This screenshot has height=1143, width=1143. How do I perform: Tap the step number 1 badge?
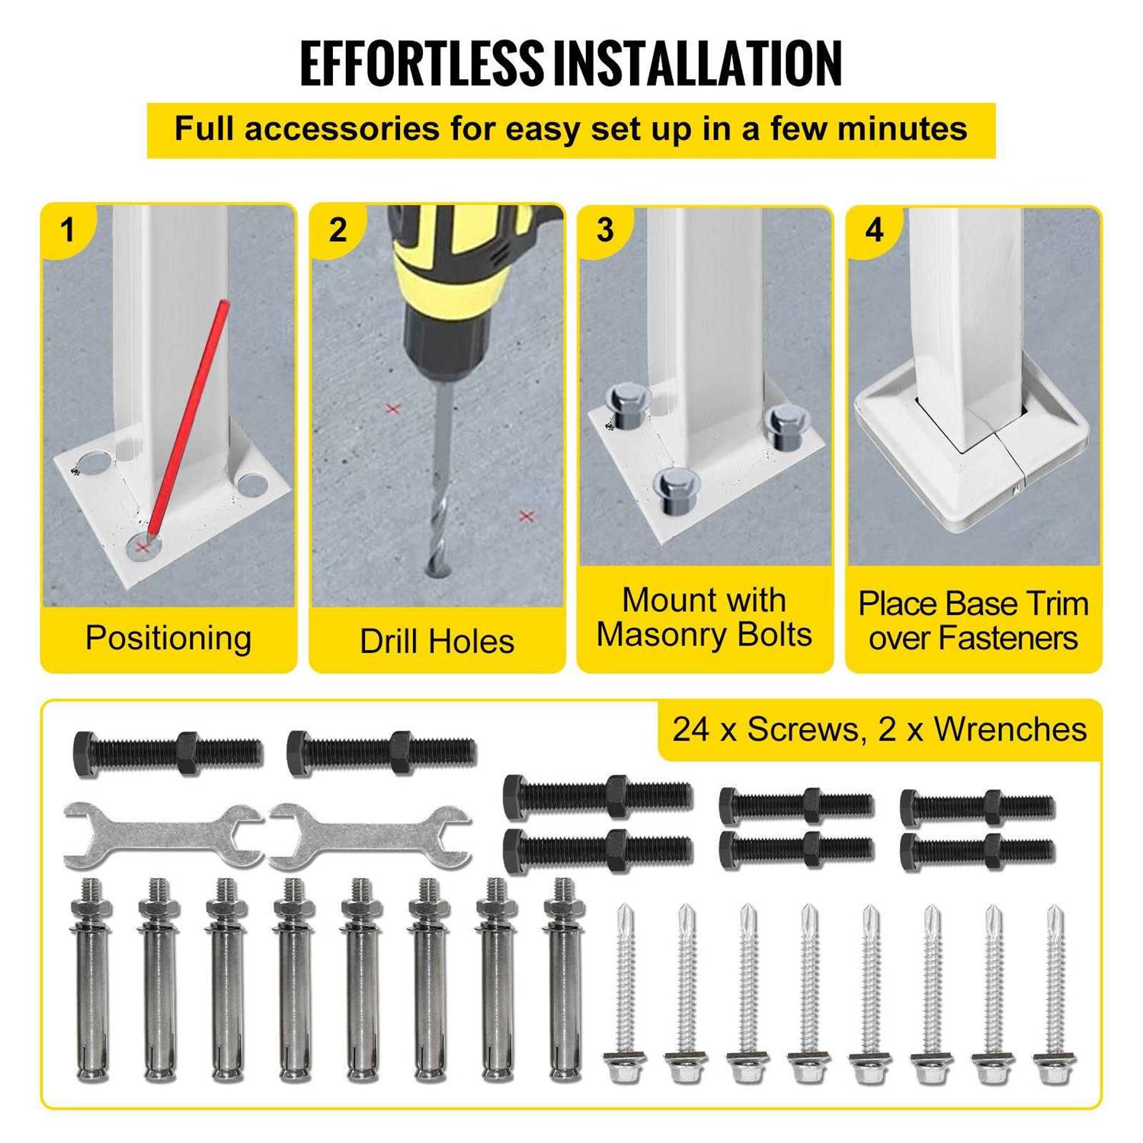[x=68, y=229]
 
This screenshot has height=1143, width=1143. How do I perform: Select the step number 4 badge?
[x=874, y=229]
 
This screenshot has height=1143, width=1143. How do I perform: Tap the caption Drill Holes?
[x=437, y=641]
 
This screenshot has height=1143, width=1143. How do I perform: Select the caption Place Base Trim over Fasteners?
[x=973, y=620]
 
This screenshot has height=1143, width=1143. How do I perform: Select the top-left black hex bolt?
[x=168, y=751]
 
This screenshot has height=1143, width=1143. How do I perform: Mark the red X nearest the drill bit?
[x=393, y=409]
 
